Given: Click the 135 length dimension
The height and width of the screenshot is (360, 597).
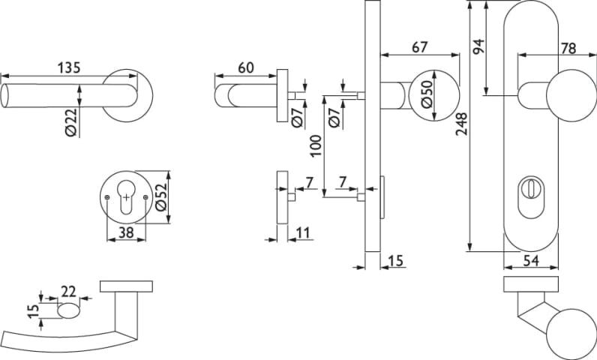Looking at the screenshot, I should [68, 67].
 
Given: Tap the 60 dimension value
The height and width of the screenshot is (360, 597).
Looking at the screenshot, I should [245, 67].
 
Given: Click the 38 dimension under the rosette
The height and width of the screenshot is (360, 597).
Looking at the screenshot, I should [125, 233].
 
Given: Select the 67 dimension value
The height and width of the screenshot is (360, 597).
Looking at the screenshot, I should [419, 47].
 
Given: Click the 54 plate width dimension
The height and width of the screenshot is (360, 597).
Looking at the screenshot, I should [530, 260].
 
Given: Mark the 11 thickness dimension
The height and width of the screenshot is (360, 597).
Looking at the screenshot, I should [303, 233].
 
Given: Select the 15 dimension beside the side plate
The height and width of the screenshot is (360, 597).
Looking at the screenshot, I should [397, 260].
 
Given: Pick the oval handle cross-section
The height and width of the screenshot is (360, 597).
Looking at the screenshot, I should [67, 311].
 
